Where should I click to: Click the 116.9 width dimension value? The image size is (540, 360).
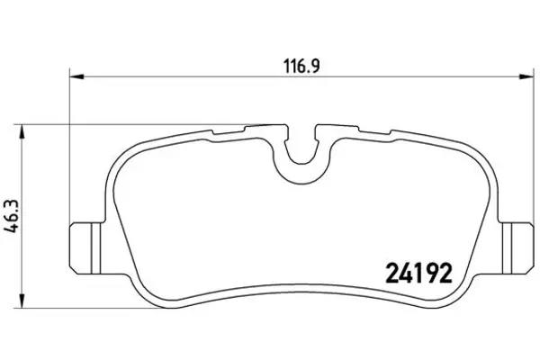[x=301, y=66]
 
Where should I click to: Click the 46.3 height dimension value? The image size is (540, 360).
[x=13, y=217]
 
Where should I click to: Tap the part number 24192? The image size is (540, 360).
[x=418, y=274]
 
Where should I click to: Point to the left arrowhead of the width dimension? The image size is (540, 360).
[x=76, y=76]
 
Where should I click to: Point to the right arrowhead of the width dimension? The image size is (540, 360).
[x=526, y=76]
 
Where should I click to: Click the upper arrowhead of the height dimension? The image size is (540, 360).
[x=22, y=131]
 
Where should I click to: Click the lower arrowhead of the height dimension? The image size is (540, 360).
[x=22, y=301]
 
